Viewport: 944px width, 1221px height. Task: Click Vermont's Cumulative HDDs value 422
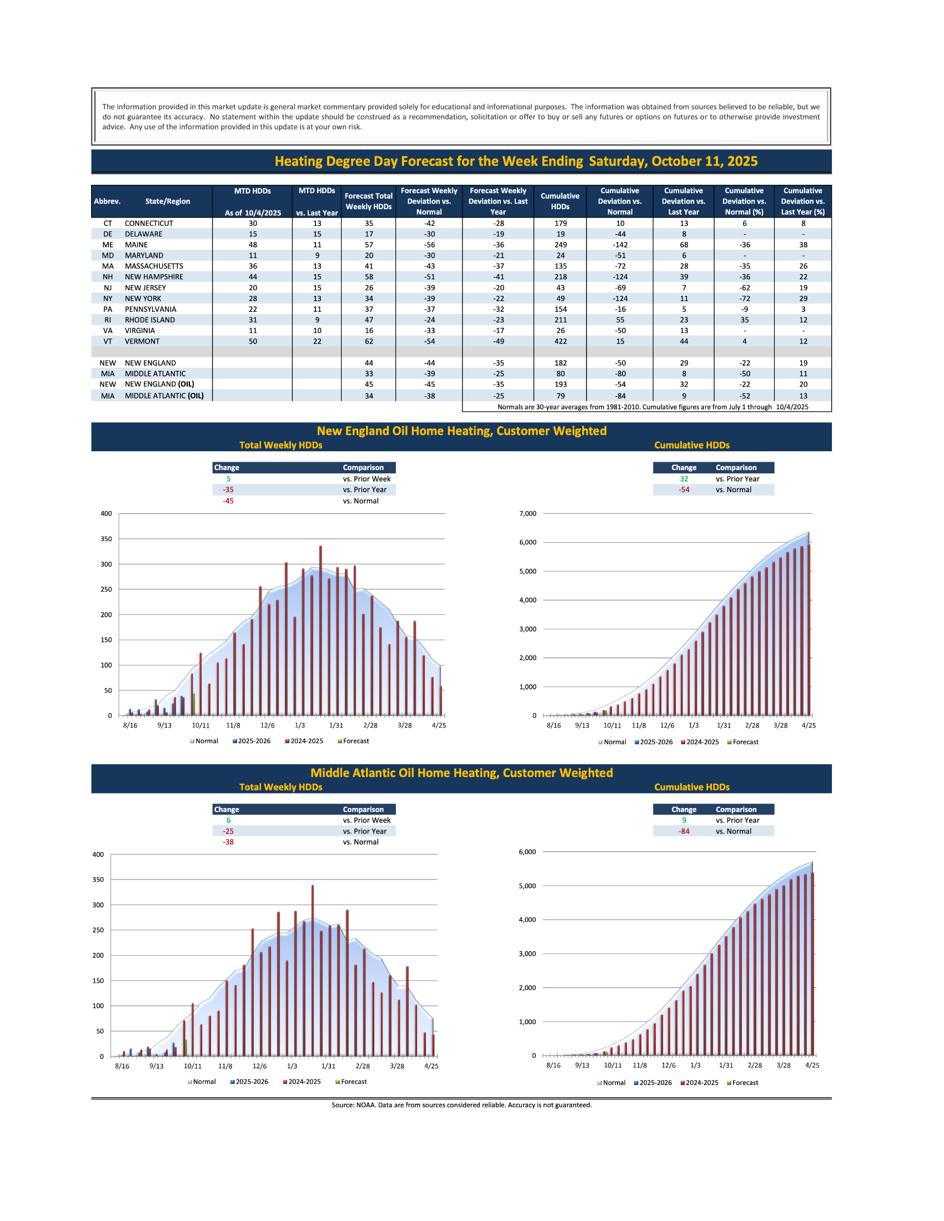560,341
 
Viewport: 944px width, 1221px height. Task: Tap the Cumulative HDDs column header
560,201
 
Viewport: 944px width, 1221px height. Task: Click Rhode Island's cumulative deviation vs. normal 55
620,320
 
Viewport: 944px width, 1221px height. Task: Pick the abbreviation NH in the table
107,277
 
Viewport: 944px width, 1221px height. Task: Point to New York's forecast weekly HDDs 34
369,299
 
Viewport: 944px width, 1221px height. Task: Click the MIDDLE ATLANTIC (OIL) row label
164,396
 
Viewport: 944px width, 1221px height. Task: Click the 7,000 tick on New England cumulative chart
528,513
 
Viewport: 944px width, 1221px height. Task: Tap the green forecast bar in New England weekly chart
194,704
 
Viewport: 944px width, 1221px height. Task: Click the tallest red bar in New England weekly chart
320,630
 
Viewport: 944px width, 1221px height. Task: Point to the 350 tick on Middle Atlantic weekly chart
98,880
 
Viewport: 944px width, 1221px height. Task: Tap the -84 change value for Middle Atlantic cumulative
684,831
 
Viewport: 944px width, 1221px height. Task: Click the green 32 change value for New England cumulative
684,479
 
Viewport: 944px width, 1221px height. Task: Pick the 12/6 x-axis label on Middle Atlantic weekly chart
259,1066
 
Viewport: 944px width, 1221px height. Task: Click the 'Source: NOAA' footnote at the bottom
461,1104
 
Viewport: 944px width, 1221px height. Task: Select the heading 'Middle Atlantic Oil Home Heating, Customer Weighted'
461,773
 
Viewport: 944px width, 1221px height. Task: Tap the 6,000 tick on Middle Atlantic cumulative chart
527,852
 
